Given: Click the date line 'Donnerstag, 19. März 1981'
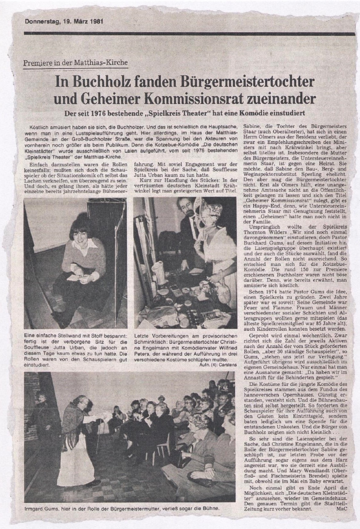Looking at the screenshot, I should (64, 22).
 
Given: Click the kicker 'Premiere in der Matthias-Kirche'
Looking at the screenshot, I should (76, 63).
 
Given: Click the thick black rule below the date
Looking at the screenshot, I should (189, 34).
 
